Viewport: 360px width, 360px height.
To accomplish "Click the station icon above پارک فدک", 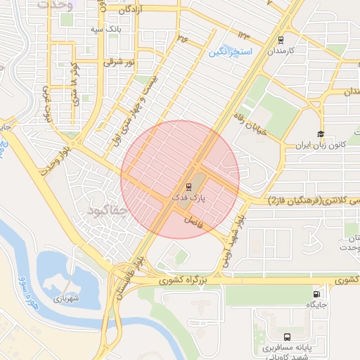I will pyautogui.click(x=188, y=187).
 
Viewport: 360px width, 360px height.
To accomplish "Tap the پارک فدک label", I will pyautogui.click(x=189, y=199).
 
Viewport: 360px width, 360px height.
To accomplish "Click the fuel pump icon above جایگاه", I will pyautogui.click(x=319, y=294).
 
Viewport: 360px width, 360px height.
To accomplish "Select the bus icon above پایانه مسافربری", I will pyautogui.click(x=287, y=337).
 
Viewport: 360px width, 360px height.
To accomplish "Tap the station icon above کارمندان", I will pyautogui.click(x=281, y=40).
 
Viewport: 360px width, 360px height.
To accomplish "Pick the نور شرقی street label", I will pyautogui.click(x=117, y=62).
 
